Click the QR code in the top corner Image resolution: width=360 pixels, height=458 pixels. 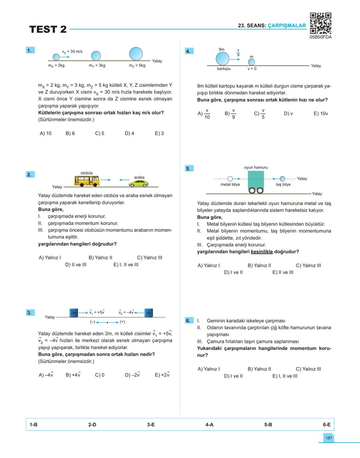pyautogui.click(x=320, y=23)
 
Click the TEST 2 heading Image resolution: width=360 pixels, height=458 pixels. pyautogui.click(x=48, y=29)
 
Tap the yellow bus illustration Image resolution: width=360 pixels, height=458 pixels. pyautogui.click(x=87, y=180)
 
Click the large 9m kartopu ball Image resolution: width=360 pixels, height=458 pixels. pyautogui.click(x=222, y=59)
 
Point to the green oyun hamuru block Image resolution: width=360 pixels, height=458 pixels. pyautogui.click(x=256, y=180)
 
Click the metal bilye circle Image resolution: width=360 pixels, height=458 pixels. pyautogui.click(x=230, y=179)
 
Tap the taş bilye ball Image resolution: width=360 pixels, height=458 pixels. pyautogui.click(x=282, y=179)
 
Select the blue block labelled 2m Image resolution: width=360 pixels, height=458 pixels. pyautogui.click(x=74, y=313)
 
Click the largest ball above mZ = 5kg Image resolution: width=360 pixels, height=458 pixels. pyautogui.click(x=136, y=53)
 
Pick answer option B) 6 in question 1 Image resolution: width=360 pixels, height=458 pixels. pyautogui.click(x=70, y=133)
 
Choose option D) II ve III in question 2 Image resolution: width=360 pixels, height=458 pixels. pyautogui.click(x=76, y=265)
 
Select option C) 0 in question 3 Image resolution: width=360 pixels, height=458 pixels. pyautogui.click(x=100, y=375)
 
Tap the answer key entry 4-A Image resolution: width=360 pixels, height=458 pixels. pyautogui.click(x=209, y=425)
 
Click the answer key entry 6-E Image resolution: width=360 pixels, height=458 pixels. pyautogui.click(x=326, y=425)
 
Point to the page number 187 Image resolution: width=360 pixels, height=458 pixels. pyautogui.click(x=329, y=438)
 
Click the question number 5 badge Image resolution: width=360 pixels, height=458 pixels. pyautogui.click(x=188, y=168)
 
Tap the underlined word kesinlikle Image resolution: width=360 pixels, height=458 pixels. pyautogui.click(x=262, y=252)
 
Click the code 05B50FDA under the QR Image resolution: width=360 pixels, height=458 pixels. pyautogui.click(x=320, y=37)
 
